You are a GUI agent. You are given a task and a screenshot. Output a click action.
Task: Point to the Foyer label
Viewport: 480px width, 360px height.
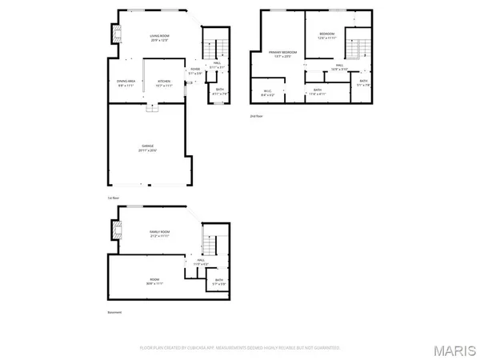194,70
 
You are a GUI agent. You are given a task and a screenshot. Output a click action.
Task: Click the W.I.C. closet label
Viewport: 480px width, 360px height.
268,91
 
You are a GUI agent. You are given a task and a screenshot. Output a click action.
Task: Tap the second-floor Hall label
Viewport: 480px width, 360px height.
339,67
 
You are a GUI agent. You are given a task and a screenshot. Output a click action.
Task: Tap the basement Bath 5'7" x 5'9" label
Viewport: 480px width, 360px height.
218,281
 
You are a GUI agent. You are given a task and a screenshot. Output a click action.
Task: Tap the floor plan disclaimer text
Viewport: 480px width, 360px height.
240,348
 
